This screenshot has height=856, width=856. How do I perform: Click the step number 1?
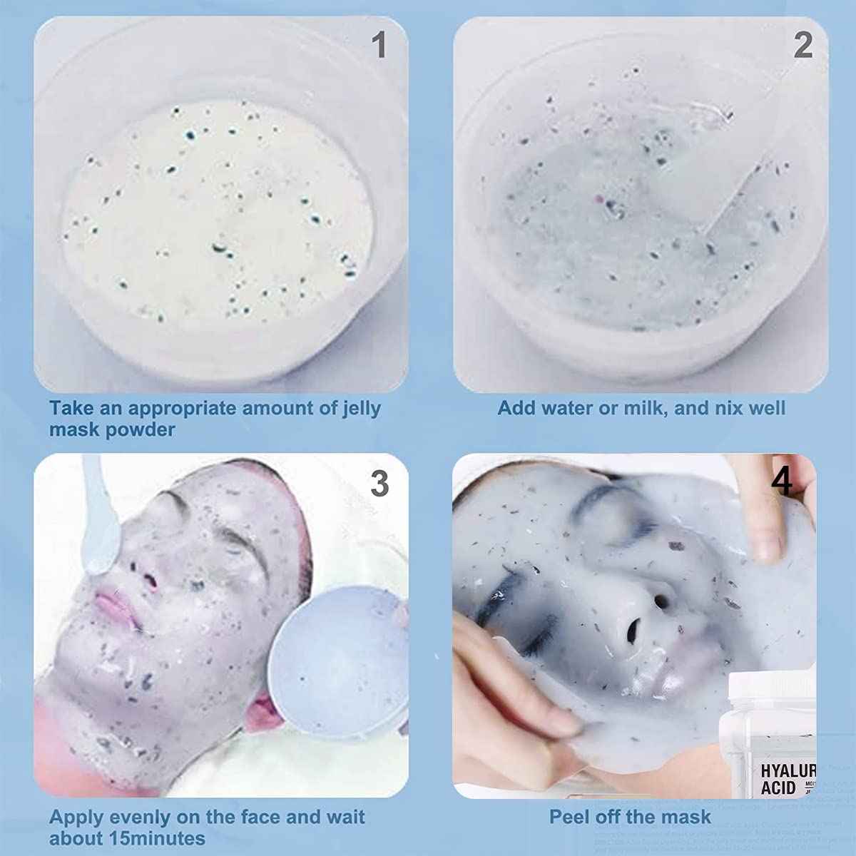[379, 45]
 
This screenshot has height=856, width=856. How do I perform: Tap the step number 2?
[803, 46]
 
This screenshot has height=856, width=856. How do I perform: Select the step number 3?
[379, 484]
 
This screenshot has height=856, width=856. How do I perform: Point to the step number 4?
[782, 481]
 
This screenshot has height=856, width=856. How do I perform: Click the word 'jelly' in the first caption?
[361, 409]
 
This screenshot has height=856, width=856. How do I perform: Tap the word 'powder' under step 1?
[142, 430]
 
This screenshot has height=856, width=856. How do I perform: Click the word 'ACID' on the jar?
[778, 788]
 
